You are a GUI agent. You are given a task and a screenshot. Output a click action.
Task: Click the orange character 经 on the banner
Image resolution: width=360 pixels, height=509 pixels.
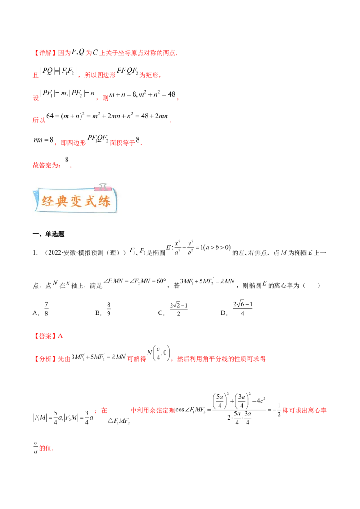48,201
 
